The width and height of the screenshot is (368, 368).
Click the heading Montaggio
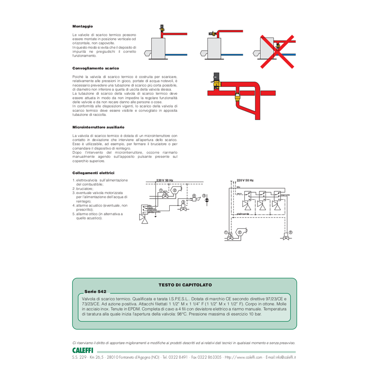(x=83, y=26)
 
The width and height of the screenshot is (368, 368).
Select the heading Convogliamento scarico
(x=96, y=68)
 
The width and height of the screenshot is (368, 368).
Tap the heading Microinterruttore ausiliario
(x=98, y=126)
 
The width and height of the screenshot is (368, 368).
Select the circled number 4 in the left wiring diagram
(x=194, y=196)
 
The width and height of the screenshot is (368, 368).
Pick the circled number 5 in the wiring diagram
(x=204, y=195)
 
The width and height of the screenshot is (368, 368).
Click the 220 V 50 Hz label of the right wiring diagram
(x=245, y=180)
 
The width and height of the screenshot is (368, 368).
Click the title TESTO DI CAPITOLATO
(x=185, y=285)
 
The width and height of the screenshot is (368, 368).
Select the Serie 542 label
(x=95, y=292)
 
